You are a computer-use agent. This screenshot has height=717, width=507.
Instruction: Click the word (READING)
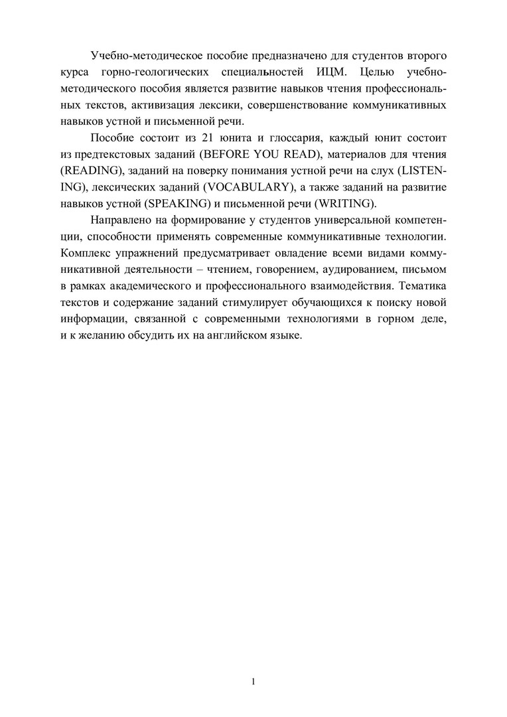pyautogui.click(x=90, y=188)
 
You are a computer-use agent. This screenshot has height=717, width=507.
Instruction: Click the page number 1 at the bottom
pyautogui.click(x=254, y=682)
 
